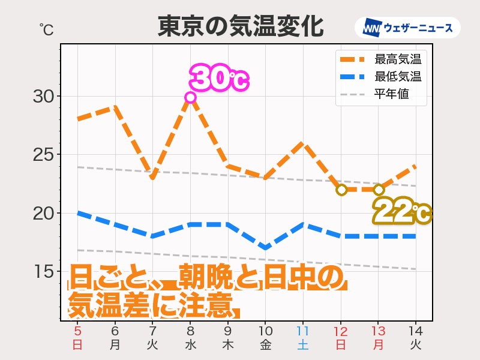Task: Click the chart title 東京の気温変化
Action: click(x=240, y=27)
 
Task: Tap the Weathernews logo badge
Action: click(x=407, y=28)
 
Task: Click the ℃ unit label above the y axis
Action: click(x=46, y=29)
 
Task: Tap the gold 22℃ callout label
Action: click(x=401, y=212)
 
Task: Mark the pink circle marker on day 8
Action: click(x=190, y=97)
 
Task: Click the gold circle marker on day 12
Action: click(x=341, y=190)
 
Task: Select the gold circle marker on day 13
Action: click(x=379, y=190)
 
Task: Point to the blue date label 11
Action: click(x=303, y=331)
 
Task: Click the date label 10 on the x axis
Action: click(x=266, y=331)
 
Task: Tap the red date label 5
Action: click(x=77, y=331)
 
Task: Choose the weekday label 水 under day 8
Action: click(x=190, y=345)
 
